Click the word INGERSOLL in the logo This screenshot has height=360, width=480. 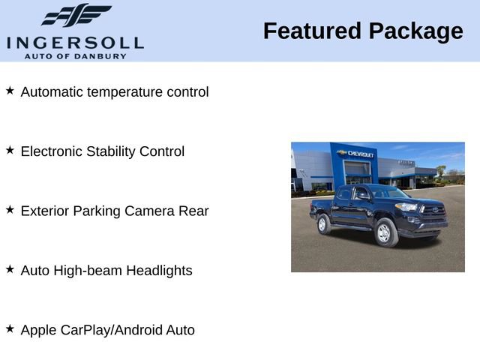(x=75, y=41)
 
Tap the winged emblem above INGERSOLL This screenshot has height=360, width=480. (x=76, y=16)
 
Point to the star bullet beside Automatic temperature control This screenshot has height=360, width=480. (x=10, y=91)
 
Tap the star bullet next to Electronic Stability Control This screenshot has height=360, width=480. (x=10, y=150)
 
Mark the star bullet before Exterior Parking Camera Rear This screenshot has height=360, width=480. (x=10, y=209)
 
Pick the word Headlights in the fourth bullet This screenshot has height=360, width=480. (x=159, y=270)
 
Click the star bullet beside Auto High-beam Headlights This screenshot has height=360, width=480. (x=10, y=268)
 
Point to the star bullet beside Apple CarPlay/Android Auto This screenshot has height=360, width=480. (x=10, y=328)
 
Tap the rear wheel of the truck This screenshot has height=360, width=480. (x=324, y=223)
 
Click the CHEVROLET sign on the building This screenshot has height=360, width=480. (x=360, y=154)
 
